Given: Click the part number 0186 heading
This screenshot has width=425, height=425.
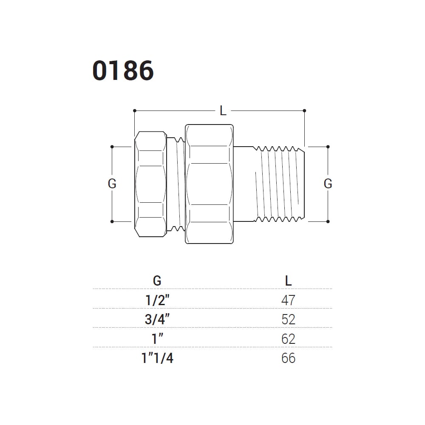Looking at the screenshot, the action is pyautogui.click(x=123, y=71).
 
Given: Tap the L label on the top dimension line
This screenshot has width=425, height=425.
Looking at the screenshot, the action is pyautogui.click(x=223, y=111).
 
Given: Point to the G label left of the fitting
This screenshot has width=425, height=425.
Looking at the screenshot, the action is pyautogui.click(x=112, y=184).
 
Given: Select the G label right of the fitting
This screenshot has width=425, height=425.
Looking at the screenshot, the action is pyautogui.click(x=328, y=184).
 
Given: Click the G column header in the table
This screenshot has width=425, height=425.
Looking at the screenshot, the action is pyautogui.click(x=157, y=280).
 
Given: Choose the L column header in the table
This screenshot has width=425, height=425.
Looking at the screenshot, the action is pyautogui.click(x=289, y=280).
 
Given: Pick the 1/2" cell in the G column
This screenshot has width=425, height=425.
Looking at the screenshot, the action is pyautogui.click(x=158, y=300).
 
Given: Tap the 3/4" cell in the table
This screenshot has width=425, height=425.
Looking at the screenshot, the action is pyautogui.click(x=157, y=319).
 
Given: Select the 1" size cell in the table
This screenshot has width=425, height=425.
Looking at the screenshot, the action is pyautogui.click(x=157, y=339).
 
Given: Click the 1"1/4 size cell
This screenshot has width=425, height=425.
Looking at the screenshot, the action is pyautogui.click(x=157, y=358).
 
